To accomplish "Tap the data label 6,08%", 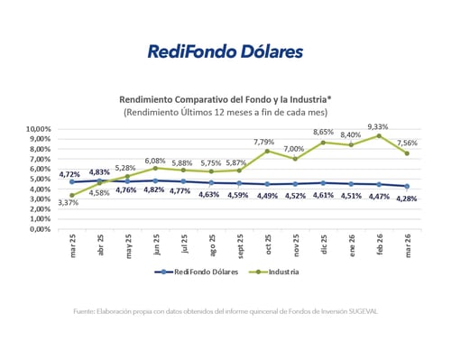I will pyautogui.click(x=155, y=160).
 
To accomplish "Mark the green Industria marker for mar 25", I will pyautogui.click(x=71, y=195).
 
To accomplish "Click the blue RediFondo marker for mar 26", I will pyautogui.click(x=408, y=186).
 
